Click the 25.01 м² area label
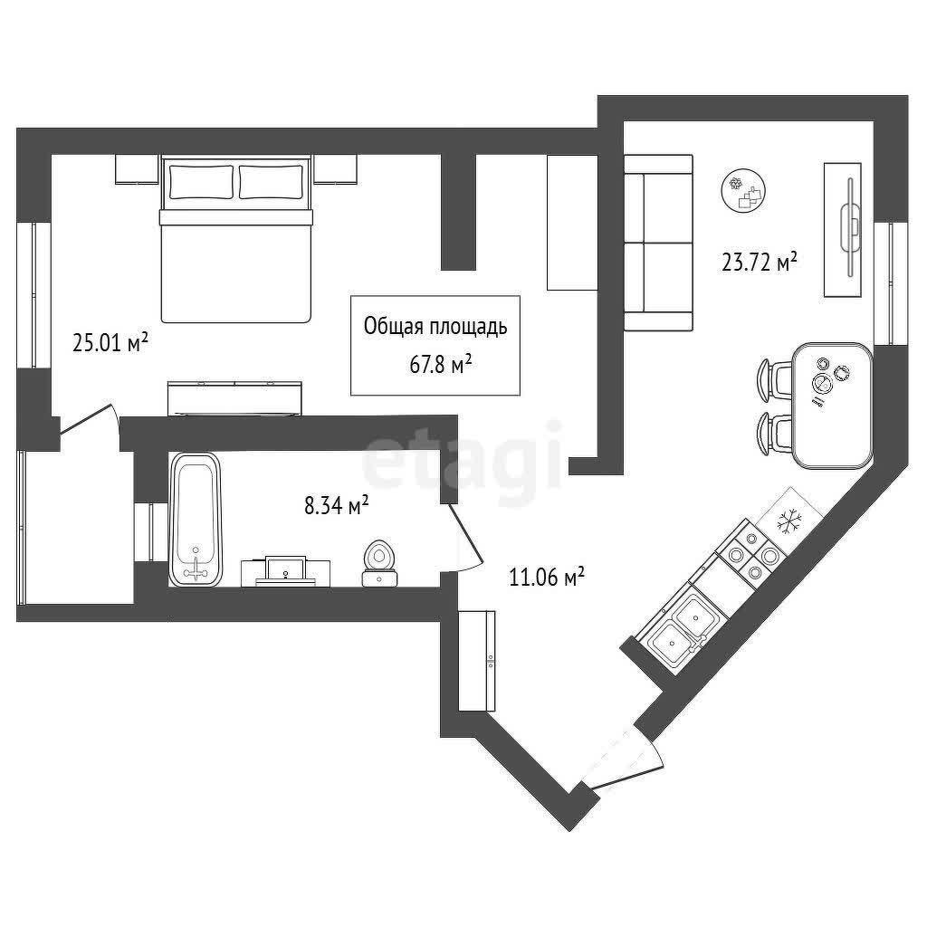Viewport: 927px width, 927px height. (x=110, y=343)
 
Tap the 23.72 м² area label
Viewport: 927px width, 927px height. (x=760, y=262)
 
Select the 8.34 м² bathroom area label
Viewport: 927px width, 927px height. (x=337, y=505)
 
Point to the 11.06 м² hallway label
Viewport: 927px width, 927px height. (x=547, y=577)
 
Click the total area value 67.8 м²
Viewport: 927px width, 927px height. (x=441, y=365)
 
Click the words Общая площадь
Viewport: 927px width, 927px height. (x=435, y=326)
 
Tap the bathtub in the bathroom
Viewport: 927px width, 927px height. (x=196, y=520)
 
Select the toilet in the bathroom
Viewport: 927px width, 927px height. (x=380, y=563)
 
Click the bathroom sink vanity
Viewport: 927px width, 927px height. (x=286, y=571)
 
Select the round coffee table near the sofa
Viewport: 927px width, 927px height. (x=744, y=190)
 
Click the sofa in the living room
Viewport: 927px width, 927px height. (x=658, y=243)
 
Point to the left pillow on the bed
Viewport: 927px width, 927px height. (x=201, y=182)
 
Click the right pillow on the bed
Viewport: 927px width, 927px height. (x=272, y=182)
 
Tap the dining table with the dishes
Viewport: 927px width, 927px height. (x=832, y=406)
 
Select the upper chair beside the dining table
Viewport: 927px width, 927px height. (x=773, y=377)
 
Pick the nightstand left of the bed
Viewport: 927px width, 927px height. (x=138, y=169)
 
